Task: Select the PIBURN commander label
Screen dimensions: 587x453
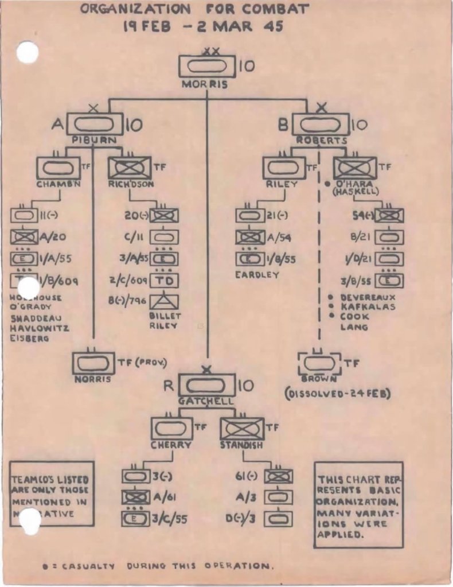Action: (95, 141)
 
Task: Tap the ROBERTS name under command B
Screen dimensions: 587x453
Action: (321, 141)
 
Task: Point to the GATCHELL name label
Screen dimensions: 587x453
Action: (206, 401)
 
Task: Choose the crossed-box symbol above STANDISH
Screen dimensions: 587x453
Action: (242, 429)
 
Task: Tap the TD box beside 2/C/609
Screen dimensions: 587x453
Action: (164, 281)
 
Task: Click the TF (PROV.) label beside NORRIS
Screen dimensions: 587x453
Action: (142, 362)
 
